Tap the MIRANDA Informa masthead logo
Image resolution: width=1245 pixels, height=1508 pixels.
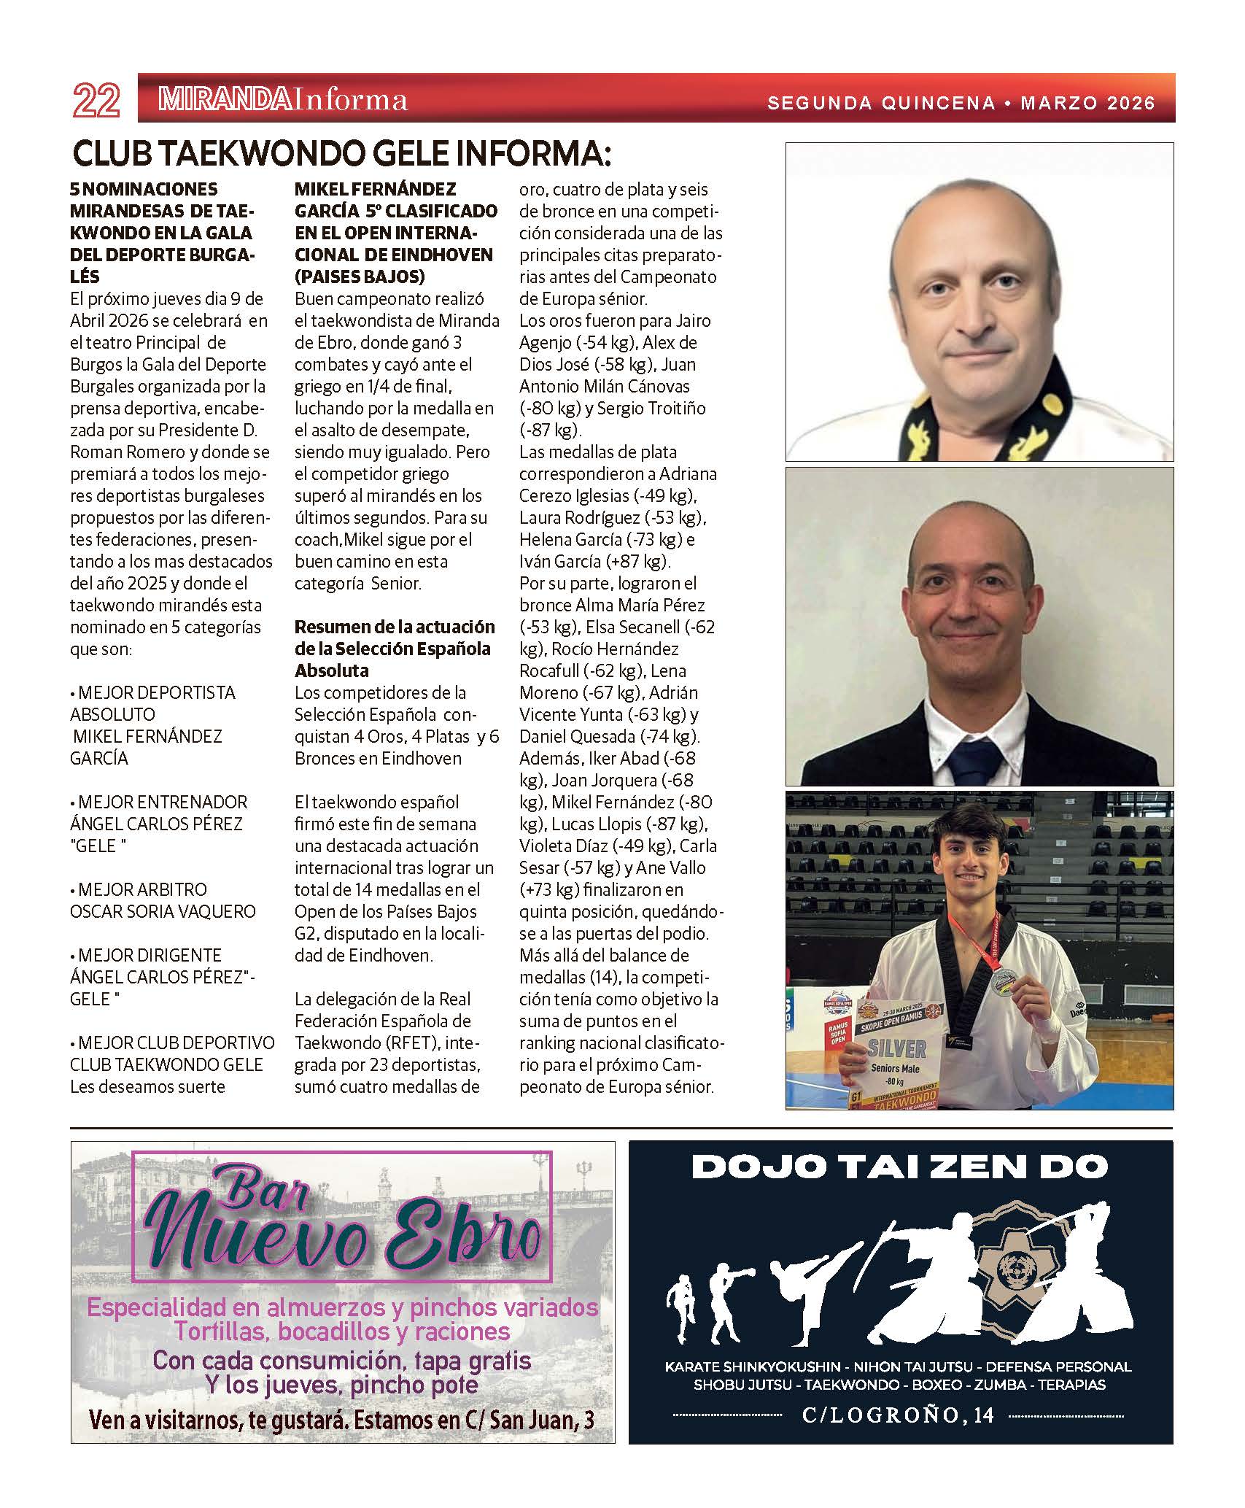282,100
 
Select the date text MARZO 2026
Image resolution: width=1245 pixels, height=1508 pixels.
1087,103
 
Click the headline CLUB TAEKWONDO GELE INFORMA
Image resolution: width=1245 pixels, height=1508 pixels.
341,155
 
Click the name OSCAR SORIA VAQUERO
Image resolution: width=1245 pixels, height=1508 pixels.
163,911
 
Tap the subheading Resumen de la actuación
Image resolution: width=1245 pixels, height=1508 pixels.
395,627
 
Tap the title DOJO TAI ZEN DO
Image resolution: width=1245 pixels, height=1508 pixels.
899,1167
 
